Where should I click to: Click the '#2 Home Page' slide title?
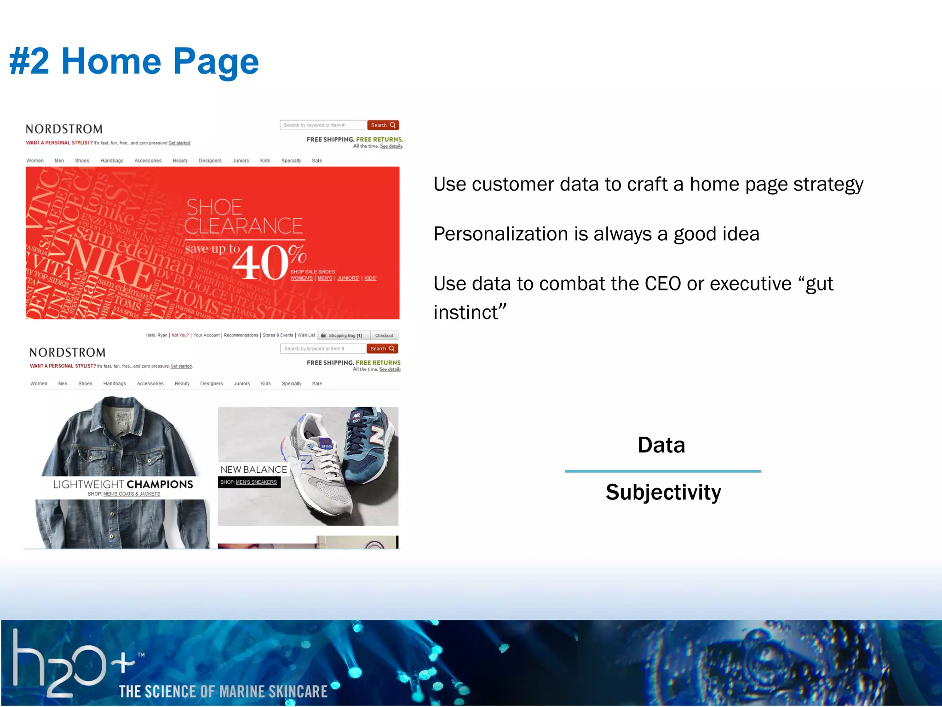click(134, 61)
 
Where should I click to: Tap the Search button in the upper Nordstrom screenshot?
click(383, 125)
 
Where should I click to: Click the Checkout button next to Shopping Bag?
click(384, 336)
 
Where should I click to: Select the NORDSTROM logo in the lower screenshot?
click(68, 353)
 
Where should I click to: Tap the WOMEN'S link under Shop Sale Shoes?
click(301, 278)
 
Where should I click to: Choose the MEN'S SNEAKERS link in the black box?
click(256, 482)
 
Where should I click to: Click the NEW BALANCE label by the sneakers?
click(253, 469)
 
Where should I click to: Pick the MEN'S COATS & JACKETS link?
click(132, 494)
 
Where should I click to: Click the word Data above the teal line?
click(661, 445)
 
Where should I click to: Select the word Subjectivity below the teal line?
click(663, 492)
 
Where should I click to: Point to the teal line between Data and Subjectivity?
click(663, 471)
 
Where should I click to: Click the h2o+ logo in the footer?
click(74, 663)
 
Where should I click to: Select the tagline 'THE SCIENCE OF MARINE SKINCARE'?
click(223, 691)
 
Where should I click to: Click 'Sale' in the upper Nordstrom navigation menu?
click(317, 161)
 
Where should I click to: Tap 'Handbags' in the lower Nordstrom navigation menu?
click(115, 383)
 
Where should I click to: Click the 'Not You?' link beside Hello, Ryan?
click(180, 335)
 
